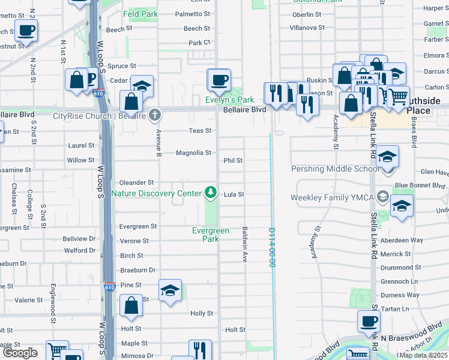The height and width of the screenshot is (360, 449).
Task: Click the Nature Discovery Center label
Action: coord(157,193)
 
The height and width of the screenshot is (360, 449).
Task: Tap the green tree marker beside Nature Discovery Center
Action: coord(210,193)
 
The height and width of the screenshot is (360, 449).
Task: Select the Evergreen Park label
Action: coord(211,235)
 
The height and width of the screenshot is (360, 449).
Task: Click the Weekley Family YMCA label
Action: coord(332,197)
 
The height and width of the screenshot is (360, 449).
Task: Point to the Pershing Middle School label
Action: coord(335,169)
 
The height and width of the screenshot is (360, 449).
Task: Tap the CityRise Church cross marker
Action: coord(155,114)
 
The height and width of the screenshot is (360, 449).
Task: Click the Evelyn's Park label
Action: coord(231,100)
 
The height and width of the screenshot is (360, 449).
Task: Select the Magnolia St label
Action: coord(193,153)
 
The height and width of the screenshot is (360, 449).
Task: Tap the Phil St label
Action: coord(233,161)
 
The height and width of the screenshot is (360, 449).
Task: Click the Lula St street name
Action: coord(234,194)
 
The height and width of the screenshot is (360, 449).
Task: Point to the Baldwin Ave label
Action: coord(245,244)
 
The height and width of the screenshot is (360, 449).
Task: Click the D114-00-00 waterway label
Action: coord(271,247)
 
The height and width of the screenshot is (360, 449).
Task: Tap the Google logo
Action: coord(19,353)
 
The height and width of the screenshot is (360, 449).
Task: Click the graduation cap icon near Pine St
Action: coord(170,291)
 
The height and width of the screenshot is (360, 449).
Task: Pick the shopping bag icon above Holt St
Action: coord(131,306)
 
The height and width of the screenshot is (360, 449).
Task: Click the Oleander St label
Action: coord(137,182)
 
